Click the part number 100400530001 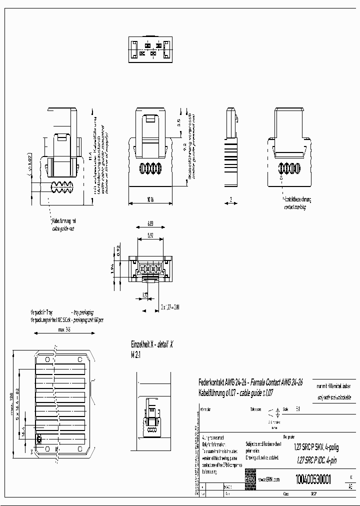pyautogui.click(x=313, y=478)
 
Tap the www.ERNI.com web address pyautogui.click(x=269, y=479)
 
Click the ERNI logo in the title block pyautogui.click(x=250, y=479)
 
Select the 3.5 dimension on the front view pyautogui.click(x=178, y=121)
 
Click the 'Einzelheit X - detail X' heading pyautogui.click(x=151, y=345)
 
